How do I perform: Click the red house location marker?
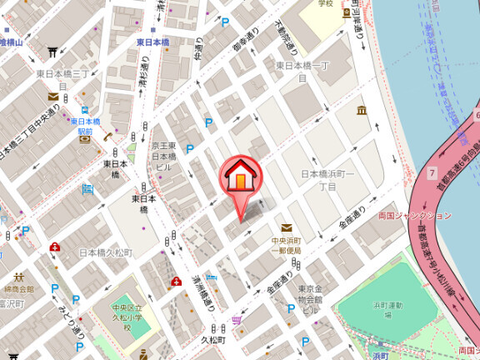coord(240,177)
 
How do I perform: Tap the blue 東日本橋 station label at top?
coord(152,42)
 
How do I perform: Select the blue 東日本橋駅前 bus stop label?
coord(85,125)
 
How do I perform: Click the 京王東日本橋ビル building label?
coord(163,155)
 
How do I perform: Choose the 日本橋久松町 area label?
coord(105,252)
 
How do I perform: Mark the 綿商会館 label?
coord(17,288)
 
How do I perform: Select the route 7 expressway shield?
coord(432,173)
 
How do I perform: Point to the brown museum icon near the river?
coord(362,111)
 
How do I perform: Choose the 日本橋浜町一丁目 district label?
coord(327,179)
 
